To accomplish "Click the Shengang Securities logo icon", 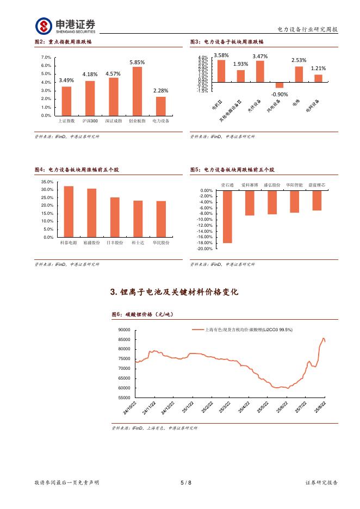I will click(x=44, y=26).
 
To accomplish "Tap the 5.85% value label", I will click(x=137, y=63).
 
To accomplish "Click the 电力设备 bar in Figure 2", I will click(x=160, y=106).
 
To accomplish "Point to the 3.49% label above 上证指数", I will click(x=66, y=80).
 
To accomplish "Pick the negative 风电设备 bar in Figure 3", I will click(x=279, y=85).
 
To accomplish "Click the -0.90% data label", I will click(x=279, y=94).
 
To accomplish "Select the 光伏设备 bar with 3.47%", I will click(x=260, y=71).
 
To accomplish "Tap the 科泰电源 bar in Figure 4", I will click(x=69, y=212).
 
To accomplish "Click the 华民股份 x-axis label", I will click(x=161, y=243).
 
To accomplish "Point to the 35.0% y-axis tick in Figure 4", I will click(x=47, y=182).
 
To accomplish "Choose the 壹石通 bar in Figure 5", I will click(x=227, y=216).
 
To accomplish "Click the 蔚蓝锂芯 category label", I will click(x=316, y=185).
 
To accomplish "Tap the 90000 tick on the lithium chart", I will click(x=124, y=330).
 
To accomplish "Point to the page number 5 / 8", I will click(x=185, y=482).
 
